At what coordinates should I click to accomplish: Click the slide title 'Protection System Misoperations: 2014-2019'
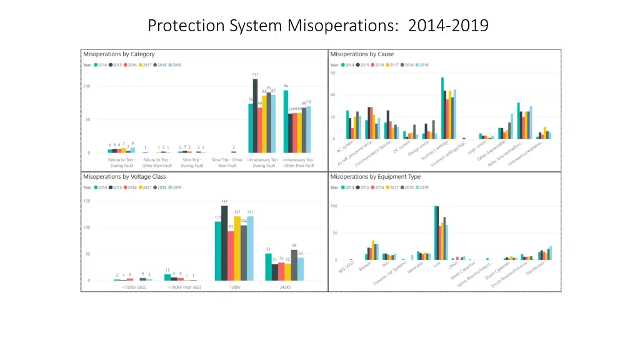[x=318, y=26]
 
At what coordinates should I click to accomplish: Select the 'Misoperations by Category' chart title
[x=119, y=54]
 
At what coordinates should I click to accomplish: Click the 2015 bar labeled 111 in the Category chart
[x=255, y=116]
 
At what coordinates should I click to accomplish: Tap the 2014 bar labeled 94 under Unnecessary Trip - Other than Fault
[x=286, y=121]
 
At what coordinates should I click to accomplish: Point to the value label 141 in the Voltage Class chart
[x=224, y=201]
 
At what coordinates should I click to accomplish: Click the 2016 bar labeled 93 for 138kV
[x=231, y=256]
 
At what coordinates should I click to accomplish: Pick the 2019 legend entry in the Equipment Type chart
[x=422, y=187]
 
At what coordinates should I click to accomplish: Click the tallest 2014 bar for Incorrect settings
[x=442, y=107]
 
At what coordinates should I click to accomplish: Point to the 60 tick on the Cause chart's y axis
[x=333, y=73]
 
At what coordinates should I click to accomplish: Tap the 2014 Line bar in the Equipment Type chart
[x=436, y=232]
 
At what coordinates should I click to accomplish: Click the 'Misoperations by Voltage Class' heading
[x=124, y=177]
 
